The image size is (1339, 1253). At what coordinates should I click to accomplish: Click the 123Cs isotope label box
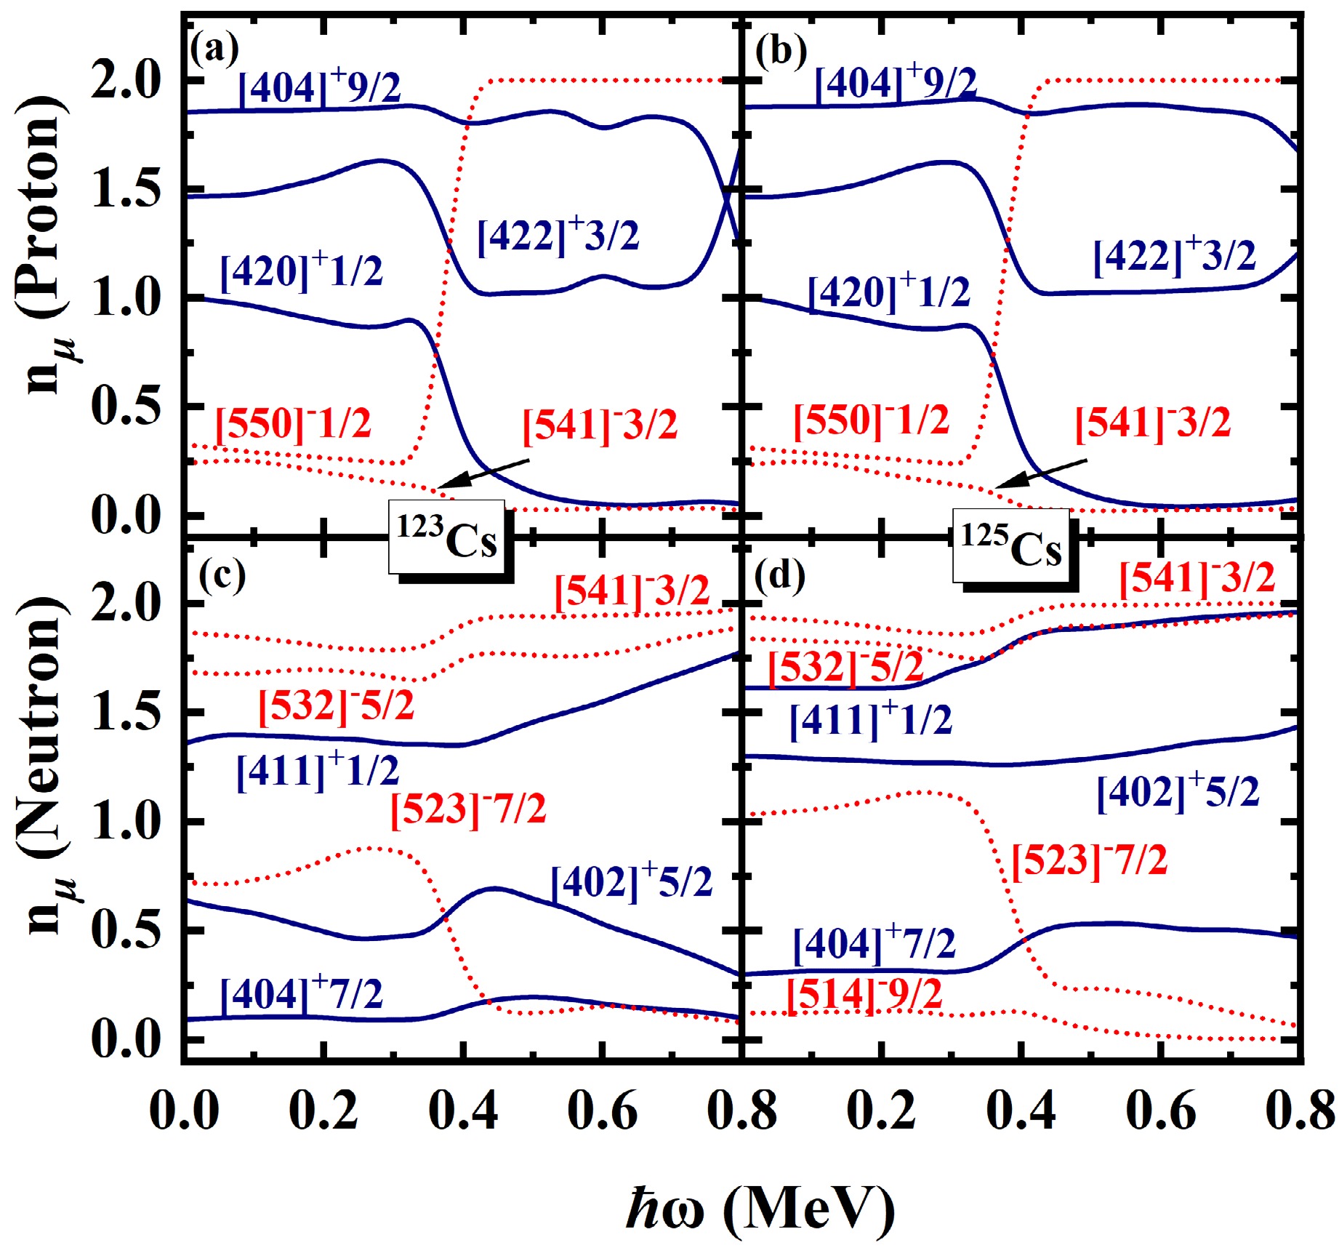click(x=446, y=537)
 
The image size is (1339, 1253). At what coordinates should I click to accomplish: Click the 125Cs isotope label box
click(x=1011, y=546)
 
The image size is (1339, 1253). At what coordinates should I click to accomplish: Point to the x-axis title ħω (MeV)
click(x=760, y=1208)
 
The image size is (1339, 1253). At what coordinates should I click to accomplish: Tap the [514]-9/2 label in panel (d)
click(x=864, y=994)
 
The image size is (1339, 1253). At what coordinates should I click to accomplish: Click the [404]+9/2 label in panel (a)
click(x=320, y=87)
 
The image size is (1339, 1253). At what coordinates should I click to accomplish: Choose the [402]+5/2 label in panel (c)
click(x=632, y=881)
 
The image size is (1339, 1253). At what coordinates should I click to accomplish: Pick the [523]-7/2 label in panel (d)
click(x=1089, y=860)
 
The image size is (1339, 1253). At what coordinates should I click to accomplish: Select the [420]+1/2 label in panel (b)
click(x=888, y=292)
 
